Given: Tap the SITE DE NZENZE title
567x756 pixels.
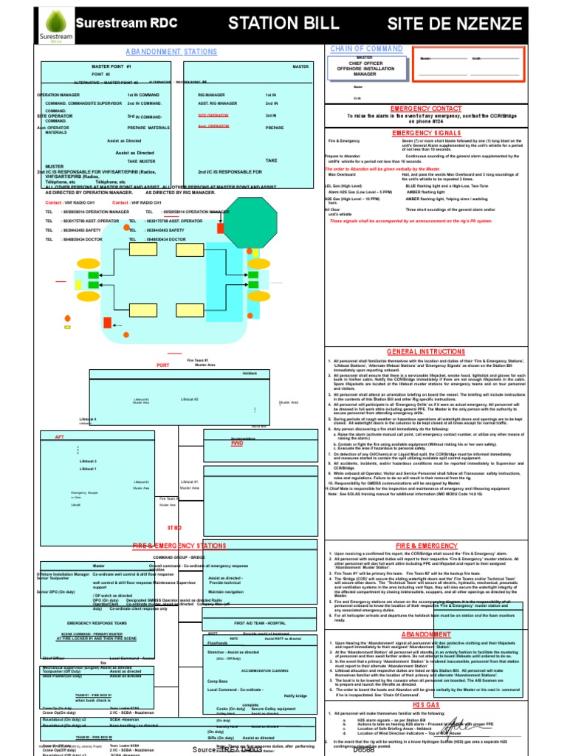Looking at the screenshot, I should (x=464, y=24).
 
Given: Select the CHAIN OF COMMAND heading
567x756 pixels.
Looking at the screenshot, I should (x=367, y=49).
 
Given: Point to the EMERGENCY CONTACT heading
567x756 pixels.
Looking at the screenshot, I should (x=425, y=108).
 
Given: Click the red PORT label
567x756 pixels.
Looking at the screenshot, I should (x=163, y=365).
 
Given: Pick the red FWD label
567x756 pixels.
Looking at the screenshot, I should (x=236, y=444).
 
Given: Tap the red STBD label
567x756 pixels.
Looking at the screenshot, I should (x=174, y=528).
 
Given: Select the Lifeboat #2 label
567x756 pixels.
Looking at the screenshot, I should (x=190, y=399).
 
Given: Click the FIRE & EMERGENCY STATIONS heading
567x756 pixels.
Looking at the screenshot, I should (x=179, y=545).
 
